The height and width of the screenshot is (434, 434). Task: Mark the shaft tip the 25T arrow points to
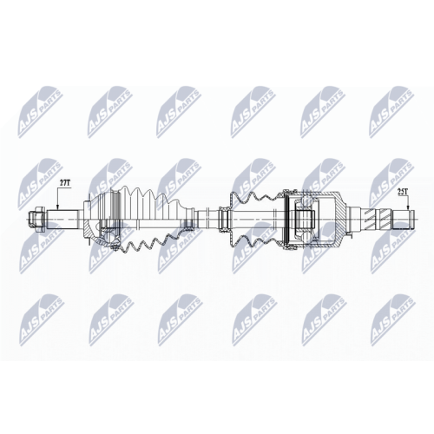tap(403, 219)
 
